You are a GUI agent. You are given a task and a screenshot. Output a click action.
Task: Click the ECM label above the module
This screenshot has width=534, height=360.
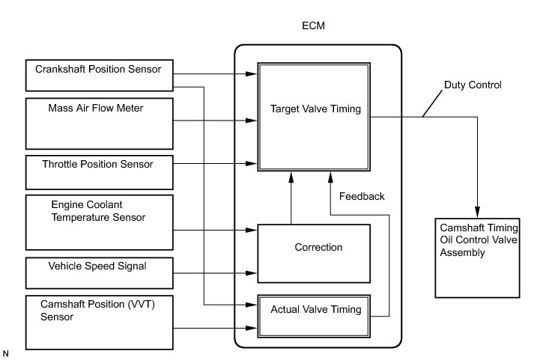point(313,26)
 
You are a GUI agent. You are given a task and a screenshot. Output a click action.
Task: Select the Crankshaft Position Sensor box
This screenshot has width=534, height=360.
point(100,76)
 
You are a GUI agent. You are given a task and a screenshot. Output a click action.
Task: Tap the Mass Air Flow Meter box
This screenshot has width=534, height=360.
point(100,123)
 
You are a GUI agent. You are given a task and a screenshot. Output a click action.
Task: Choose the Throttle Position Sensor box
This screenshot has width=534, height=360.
point(100,172)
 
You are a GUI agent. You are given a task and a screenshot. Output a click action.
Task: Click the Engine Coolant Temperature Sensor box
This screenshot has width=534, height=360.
point(100,222)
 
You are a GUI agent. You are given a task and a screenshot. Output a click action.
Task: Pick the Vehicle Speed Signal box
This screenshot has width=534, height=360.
point(100,273)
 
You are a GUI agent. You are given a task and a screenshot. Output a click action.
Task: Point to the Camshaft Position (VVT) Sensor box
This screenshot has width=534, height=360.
point(100,323)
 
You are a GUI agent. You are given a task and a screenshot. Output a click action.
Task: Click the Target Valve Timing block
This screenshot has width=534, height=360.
point(314,117)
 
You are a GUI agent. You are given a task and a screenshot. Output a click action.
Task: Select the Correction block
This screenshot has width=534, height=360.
point(314,254)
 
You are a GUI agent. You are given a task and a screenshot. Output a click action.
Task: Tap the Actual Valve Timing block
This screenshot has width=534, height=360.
point(314,317)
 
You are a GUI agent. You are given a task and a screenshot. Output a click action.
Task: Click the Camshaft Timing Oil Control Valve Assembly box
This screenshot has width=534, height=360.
point(478,258)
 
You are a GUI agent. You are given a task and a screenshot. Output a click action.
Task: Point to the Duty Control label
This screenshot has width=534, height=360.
point(473,85)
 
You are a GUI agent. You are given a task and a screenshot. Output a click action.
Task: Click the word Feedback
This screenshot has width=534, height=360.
point(362,196)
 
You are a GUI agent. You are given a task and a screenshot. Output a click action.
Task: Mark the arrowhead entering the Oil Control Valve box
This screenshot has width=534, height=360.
point(478,212)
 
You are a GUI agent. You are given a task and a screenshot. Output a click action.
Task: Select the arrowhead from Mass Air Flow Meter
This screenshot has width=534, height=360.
point(252,120)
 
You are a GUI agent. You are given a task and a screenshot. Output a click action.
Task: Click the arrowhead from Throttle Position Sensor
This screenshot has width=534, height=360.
point(252,164)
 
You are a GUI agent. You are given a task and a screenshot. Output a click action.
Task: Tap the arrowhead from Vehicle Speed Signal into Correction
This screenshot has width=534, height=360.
point(252,273)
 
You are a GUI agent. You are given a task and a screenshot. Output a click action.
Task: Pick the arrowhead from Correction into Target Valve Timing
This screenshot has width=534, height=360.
point(291,177)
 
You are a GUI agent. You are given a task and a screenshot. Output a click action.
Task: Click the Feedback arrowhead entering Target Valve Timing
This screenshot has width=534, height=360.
point(330,177)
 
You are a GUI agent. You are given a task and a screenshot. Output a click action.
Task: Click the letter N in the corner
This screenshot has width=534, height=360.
point(5,354)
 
